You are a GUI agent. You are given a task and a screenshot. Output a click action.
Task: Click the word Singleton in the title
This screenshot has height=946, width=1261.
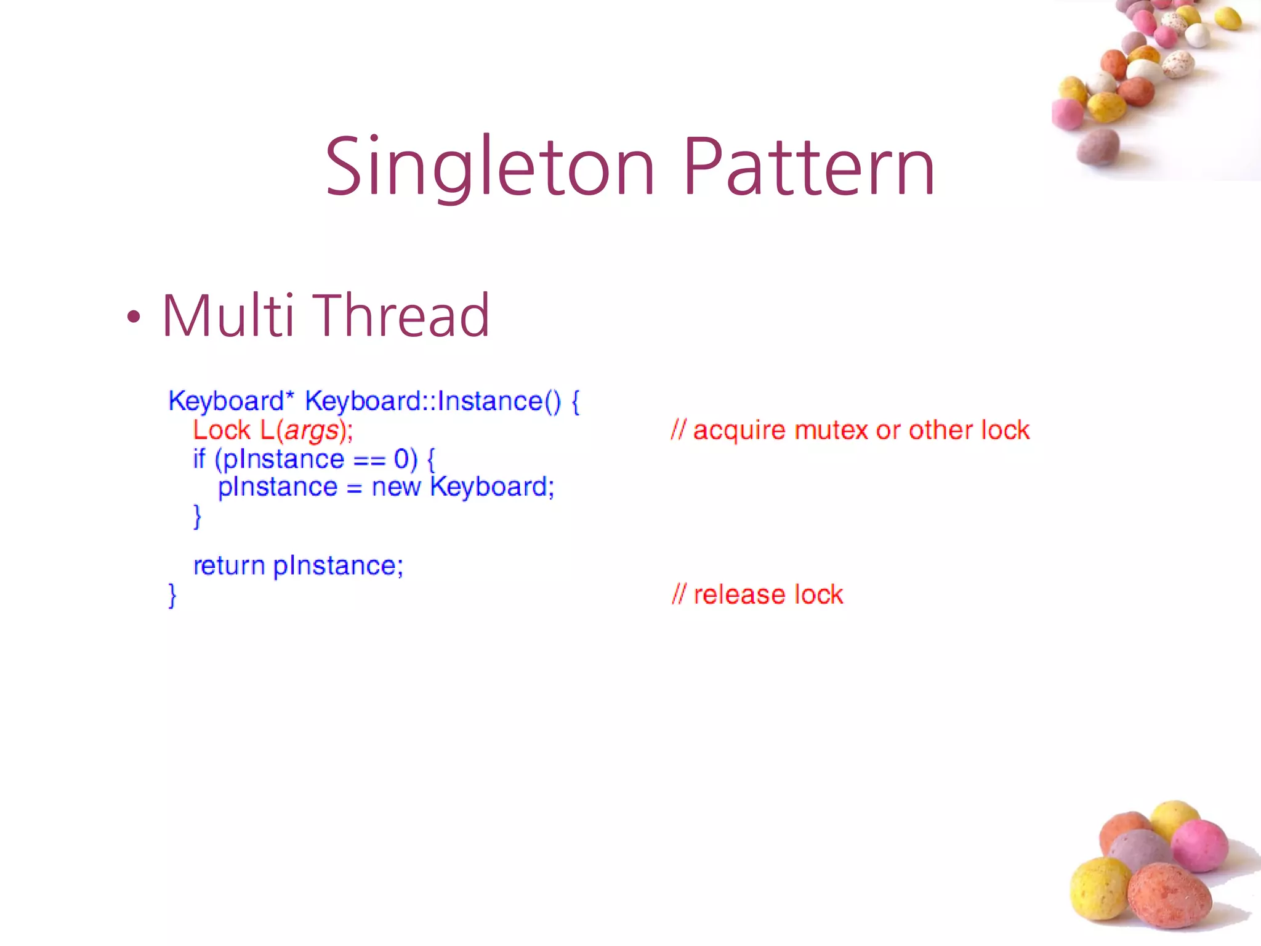(x=489, y=168)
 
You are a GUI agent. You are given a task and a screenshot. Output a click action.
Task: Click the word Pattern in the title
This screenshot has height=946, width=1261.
(x=809, y=168)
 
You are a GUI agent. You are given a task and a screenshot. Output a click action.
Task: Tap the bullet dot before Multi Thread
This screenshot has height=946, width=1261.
(x=134, y=318)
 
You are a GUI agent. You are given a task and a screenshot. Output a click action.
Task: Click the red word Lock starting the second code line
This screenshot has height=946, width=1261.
(x=222, y=430)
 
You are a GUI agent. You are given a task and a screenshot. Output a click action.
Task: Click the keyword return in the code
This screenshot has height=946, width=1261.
(x=228, y=565)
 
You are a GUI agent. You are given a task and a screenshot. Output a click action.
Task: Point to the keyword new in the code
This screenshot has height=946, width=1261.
(x=396, y=487)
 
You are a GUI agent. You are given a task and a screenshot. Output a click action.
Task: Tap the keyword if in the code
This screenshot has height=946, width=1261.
(x=199, y=459)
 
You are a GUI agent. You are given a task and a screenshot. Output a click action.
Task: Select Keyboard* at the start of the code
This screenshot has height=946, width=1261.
(x=228, y=402)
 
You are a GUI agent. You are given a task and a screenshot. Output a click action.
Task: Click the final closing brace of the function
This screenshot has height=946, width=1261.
(x=172, y=596)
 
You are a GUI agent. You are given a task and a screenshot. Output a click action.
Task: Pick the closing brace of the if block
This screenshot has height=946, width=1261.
(x=197, y=516)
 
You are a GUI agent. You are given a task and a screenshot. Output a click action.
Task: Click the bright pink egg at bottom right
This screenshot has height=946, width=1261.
(x=1199, y=846)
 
